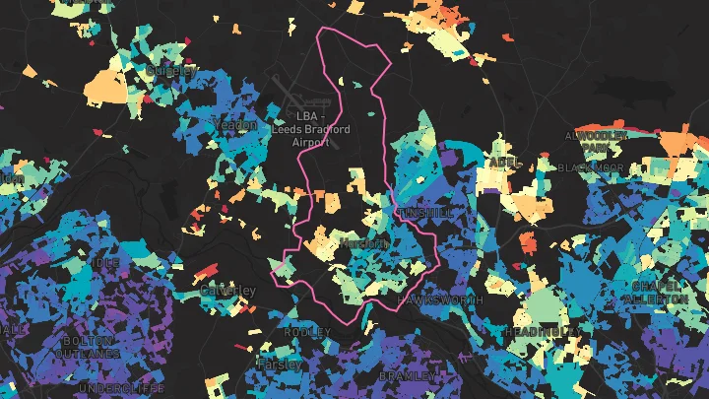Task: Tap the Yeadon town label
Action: pos(234,125)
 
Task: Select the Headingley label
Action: pos(541,332)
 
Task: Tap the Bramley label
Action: pos(406,376)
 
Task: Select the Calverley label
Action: pos(227,292)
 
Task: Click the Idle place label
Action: pos(106,264)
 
